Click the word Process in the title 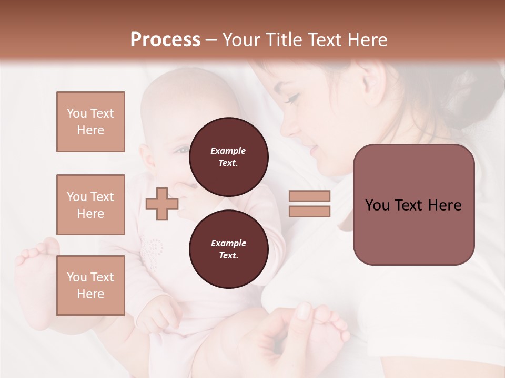coord(165,40)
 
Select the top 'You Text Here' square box coord(90,122)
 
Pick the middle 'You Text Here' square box coord(90,205)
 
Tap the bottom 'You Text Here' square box coord(90,286)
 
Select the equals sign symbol coord(309,204)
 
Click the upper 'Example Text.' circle coord(228,157)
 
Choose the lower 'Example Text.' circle coord(228,249)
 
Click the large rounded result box coord(413,205)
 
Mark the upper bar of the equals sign coord(309,196)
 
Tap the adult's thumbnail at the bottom coord(305,311)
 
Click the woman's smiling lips coord(313,151)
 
